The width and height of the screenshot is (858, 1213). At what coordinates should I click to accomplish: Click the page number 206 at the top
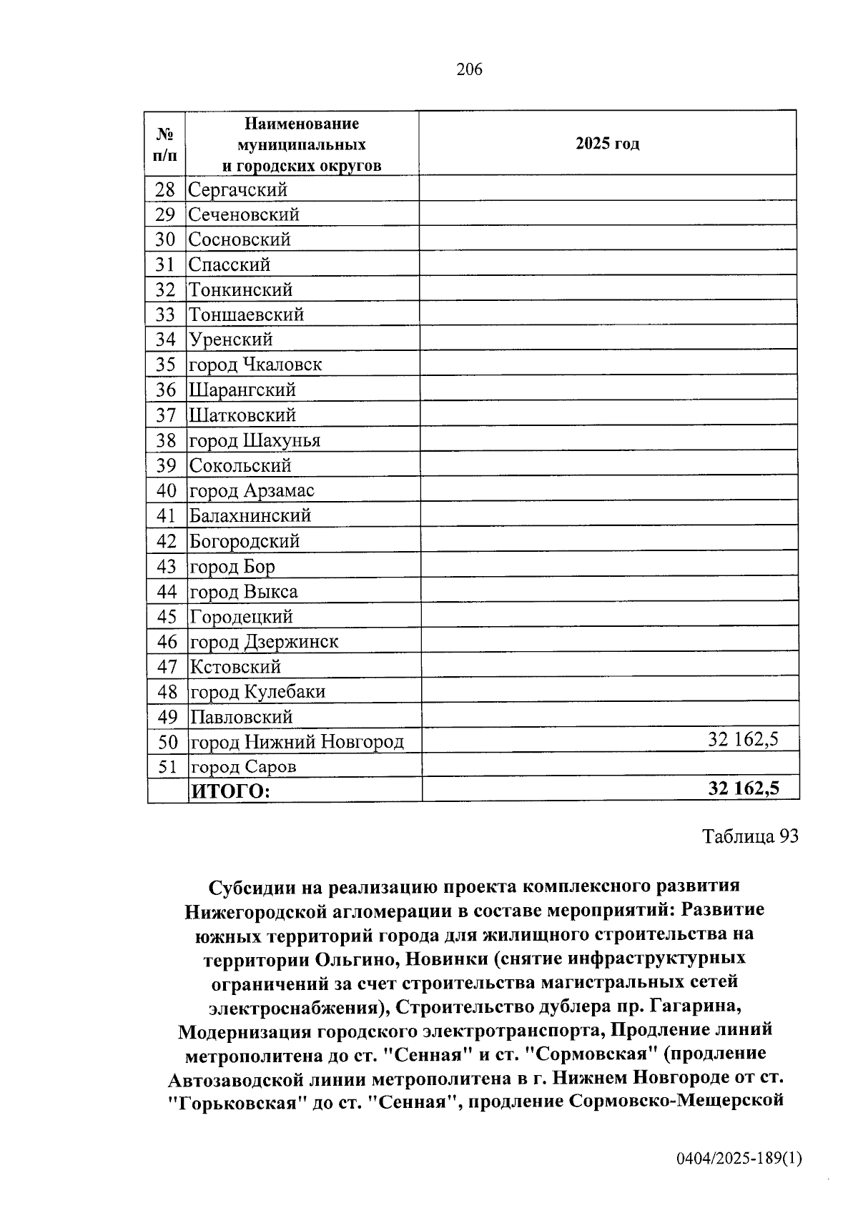click(469, 69)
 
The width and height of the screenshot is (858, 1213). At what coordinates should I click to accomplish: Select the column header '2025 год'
click(607, 144)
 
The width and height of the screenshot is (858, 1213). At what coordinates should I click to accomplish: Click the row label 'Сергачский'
click(237, 189)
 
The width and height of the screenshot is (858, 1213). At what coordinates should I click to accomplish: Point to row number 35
click(165, 365)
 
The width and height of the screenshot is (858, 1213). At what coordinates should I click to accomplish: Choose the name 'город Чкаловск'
click(255, 365)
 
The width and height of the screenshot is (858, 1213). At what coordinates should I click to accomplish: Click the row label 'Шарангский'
click(242, 390)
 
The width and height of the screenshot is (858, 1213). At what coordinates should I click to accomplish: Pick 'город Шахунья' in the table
click(255, 440)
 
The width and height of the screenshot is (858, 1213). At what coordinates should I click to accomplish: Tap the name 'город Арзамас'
click(252, 491)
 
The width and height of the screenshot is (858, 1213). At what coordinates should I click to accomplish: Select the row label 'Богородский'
click(244, 541)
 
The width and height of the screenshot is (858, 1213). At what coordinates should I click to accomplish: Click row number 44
click(166, 592)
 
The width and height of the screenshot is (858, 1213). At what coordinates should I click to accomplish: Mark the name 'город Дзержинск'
click(264, 642)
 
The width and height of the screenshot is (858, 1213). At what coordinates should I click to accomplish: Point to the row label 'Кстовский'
click(235, 667)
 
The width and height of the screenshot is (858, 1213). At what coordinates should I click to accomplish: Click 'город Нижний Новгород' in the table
click(297, 742)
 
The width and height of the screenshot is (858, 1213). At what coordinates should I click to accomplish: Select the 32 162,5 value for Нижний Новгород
click(743, 739)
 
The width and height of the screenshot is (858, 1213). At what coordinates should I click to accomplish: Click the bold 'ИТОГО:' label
click(230, 791)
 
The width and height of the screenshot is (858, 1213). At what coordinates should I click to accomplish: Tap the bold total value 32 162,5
click(743, 788)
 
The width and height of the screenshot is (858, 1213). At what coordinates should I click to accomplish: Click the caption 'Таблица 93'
click(750, 836)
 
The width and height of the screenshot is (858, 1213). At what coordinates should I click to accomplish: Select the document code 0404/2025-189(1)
click(739, 1159)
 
